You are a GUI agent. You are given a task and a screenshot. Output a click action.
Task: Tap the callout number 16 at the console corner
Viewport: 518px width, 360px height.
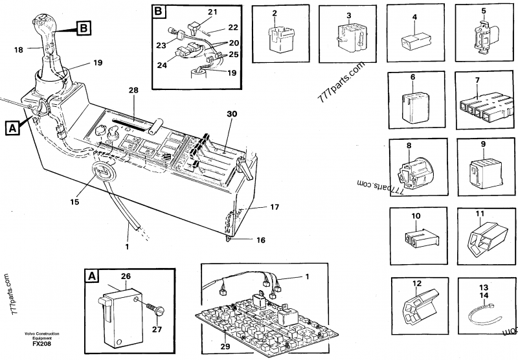click(x=260, y=240)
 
